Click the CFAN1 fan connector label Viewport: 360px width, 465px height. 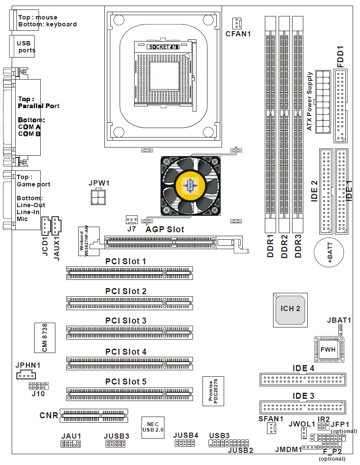click(238, 33)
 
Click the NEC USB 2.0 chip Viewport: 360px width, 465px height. click(153, 427)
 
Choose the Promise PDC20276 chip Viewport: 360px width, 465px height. click(213, 391)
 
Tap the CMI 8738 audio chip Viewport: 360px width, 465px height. click(44, 337)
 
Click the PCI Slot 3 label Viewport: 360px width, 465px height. click(126, 321)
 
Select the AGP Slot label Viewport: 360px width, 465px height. click(165, 229)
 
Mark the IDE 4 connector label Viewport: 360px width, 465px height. click(303, 369)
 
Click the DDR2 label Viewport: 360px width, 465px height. click(284, 247)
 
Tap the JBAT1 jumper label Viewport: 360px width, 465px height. click(339, 320)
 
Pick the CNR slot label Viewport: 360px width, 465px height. click(48, 416)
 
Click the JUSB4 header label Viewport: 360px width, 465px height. click(186, 435)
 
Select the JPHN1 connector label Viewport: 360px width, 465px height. click(28, 365)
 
